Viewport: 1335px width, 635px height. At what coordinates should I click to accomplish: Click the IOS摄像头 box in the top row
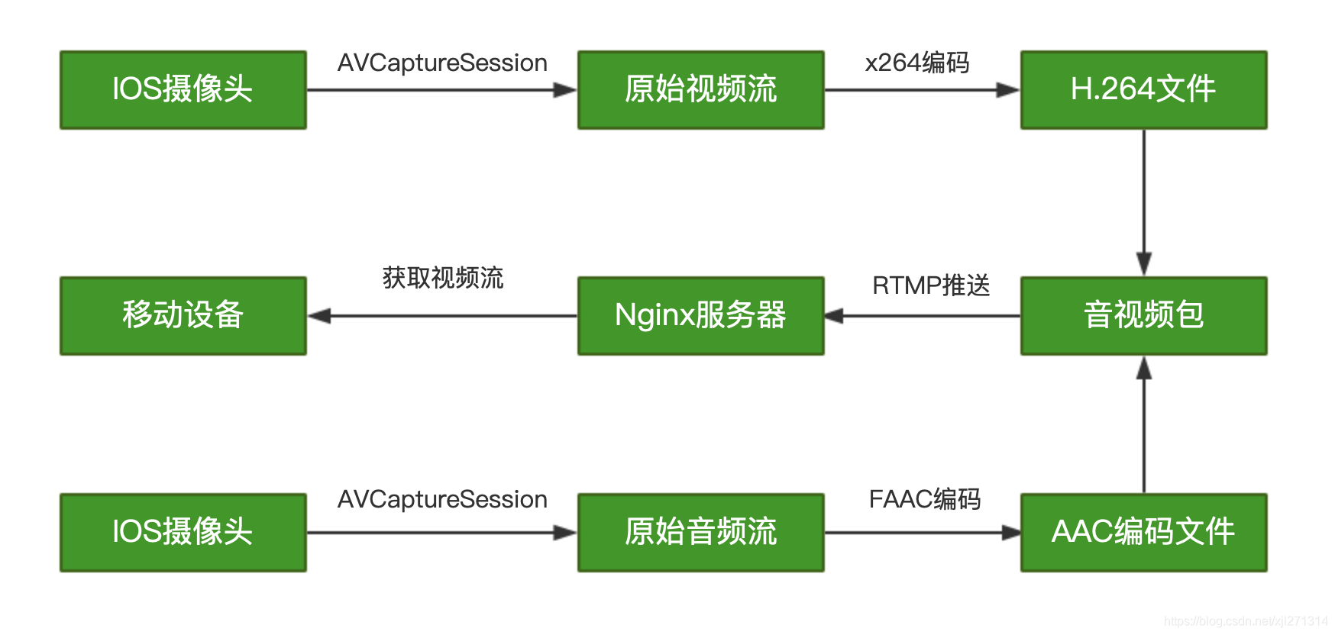point(183,90)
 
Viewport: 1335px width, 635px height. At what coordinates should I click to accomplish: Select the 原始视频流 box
point(700,90)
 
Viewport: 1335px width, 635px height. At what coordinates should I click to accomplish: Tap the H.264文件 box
point(1143,90)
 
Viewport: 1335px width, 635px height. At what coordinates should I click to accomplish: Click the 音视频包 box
point(1143,315)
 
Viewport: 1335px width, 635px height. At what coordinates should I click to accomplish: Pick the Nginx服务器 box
point(700,315)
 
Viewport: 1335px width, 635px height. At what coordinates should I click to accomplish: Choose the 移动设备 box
point(183,315)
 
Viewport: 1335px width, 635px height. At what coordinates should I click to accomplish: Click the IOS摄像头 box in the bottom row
point(183,532)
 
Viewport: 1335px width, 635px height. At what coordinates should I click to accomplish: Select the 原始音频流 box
point(700,532)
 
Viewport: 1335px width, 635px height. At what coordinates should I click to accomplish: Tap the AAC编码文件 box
point(1143,532)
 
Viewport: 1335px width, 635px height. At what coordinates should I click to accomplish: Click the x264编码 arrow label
point(917,63)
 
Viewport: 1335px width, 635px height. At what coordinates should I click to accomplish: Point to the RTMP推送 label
point(931,285)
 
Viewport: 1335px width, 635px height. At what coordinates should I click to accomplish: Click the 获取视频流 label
point(443,278)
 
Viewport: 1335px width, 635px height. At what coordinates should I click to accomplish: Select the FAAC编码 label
point(924,499)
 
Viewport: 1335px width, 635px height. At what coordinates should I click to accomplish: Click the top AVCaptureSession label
point(442,63)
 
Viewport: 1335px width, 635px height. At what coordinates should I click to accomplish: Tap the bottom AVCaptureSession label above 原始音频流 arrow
point(442,499)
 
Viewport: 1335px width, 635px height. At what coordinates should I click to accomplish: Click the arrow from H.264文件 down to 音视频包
point(1143,202)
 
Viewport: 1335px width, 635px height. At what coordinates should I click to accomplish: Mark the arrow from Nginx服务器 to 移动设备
point(443,315)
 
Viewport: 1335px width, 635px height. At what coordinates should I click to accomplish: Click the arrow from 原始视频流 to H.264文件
point(922,90)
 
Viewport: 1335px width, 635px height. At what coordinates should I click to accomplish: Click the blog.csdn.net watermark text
point(1246,621)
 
